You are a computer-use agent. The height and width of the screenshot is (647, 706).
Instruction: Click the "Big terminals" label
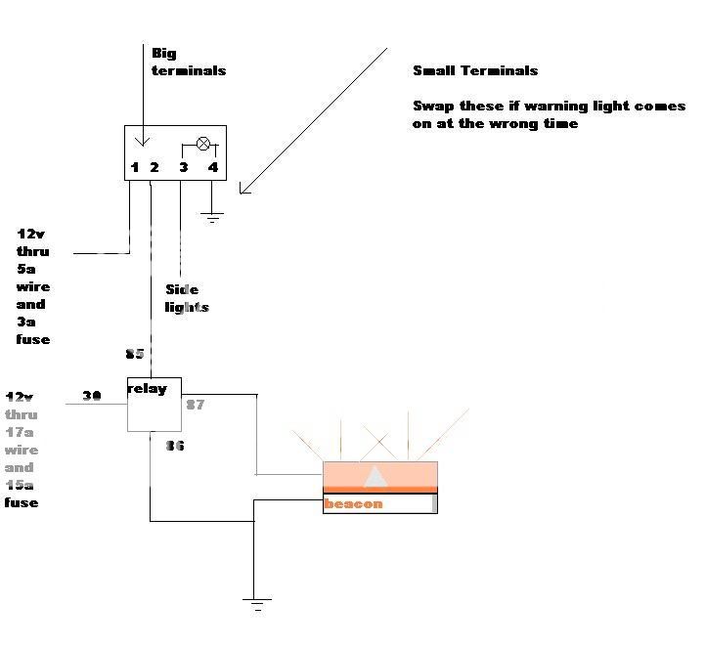[188, 61]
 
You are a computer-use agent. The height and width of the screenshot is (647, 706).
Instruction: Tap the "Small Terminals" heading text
[475, 70]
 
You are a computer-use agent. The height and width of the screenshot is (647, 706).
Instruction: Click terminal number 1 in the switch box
[135, 168]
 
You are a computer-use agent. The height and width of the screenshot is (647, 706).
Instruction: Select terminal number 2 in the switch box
[154, 168]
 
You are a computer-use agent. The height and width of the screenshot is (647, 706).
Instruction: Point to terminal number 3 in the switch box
[183, 168]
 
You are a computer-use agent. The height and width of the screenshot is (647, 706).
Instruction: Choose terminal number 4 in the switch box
[212, 168]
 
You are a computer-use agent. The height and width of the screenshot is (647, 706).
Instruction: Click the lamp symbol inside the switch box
[203, 144]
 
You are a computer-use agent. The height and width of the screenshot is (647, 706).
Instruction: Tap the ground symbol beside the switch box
[213, 216]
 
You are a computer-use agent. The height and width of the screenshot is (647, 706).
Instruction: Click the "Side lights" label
[187, 299]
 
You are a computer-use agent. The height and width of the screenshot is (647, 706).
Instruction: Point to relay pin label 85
[135, 354]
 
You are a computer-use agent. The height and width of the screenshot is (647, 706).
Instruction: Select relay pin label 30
[92, 396]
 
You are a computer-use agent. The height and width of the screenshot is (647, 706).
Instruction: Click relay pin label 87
[195, 404]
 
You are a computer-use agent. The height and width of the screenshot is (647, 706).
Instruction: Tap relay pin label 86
[174, 446]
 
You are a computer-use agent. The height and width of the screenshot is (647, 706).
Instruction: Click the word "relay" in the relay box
[148, 389]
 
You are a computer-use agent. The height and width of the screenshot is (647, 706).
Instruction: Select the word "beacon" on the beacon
[353, 504]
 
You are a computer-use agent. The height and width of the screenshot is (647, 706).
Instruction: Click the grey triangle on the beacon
[375, 476]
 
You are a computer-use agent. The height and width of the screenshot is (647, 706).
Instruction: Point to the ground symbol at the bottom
[258, 604]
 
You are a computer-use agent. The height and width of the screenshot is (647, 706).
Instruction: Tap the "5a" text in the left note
[26, 270]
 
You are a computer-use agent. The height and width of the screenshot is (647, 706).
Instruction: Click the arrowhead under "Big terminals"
[145, 141]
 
